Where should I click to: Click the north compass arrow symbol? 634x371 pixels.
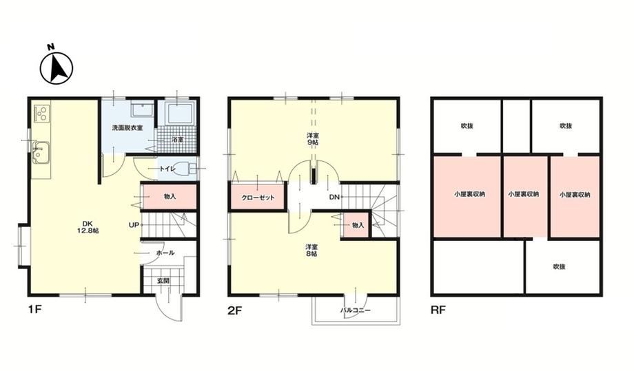(x=57, y=68)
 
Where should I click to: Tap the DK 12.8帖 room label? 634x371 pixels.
(x=88, y=227)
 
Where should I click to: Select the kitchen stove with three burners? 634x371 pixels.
(x=41, y=113)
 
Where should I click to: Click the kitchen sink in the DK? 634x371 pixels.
(x=41, y=153)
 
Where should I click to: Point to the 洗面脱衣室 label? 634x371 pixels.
(x=127, y=128)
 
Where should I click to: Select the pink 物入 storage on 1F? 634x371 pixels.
(x=170, y=197)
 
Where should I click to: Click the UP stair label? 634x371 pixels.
(x=134, y=225)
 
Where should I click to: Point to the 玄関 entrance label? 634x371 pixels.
(x=163, y=281)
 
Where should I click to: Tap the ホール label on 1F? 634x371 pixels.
(x=165, y=253)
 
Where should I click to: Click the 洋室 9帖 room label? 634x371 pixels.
(x=311, y=139)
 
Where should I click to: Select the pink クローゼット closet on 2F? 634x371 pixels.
(x=258, y=198)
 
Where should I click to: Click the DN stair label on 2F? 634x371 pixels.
(x=334, y=197)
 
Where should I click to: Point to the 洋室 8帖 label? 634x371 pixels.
(x=311, y=251)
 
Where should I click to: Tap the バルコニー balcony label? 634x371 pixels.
(x=355, y=310)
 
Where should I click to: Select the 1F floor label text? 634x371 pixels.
(x=34, y=310)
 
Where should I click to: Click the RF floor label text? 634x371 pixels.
(x=438, y=310)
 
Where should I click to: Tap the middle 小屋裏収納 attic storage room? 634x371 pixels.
(x=524, y=197)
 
